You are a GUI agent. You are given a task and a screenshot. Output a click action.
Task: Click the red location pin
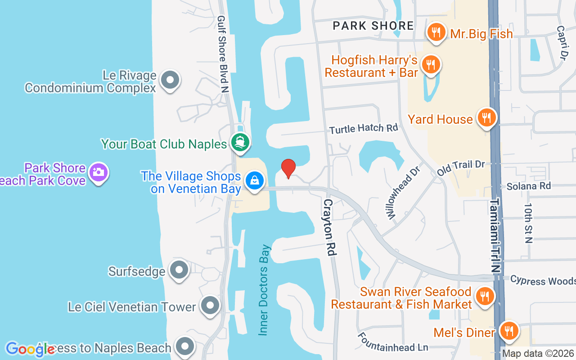pyautogui.click(x=288, y=168)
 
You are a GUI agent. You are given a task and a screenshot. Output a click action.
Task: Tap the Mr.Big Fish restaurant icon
pyautogui.click(x=436, y=32)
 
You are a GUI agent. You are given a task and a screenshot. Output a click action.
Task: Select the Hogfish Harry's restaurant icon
pyautogui.click(x=432, y=64)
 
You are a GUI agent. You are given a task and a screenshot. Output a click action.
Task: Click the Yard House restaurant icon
pyautogui.click(x=486, y=118)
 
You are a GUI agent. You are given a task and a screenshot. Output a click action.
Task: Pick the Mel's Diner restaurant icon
pyautogui.click(x=509, y=331)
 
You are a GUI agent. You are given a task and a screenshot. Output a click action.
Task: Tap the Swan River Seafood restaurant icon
pyautogui.click(x=484, y=296)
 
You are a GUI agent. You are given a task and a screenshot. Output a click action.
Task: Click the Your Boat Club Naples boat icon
pyautogui.click(x=240, y=143)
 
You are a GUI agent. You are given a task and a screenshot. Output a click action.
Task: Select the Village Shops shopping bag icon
pyautogui.click(x=254, y=181)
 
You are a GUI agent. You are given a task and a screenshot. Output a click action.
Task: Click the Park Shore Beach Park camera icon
pyautogui.click(x=98, y=172)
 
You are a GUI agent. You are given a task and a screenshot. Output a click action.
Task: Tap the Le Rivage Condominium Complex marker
pyautogui.click(x=170, y=81)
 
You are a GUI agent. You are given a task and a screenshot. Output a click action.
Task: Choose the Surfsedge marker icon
pyautogui.click(x=180, y=270)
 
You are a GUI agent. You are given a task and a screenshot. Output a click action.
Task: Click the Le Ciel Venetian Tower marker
pyautogui.click(x=209, y=306)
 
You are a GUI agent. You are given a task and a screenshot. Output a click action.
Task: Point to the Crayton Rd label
pyautogui.click(x=329, y=228)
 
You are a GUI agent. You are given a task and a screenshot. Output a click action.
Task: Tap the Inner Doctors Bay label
pyautogui.click(x=265, y=290)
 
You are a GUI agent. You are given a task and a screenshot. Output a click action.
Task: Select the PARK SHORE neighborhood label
pyautogui.click(x=373, y=26)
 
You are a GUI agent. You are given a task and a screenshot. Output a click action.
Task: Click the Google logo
pyautogui.click(x=30, y=349)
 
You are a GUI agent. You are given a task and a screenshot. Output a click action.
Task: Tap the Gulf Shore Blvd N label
pyautogui.click(x=222, y=54)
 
